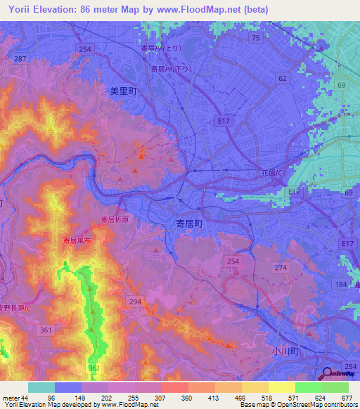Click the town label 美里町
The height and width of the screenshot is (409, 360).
[x=122, y=91]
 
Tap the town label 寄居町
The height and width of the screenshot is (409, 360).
[x=188, y=222]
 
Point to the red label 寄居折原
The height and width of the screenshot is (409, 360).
[x=115, y=220]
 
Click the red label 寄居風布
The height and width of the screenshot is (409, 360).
[x=77, y=240]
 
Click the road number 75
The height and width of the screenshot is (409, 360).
[x=255, y=38]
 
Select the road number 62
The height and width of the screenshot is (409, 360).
[x=283, y=79]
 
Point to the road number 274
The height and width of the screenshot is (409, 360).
[x=281, y=268]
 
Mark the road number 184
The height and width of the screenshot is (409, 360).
[x=341, y=283]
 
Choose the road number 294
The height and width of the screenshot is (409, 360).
[x=134, y=301]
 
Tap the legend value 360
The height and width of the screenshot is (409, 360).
[x=187, y=398]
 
